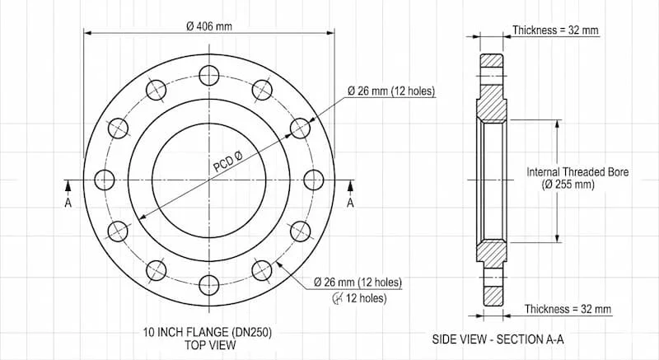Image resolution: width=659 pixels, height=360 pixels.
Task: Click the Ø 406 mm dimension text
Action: coord(209,26)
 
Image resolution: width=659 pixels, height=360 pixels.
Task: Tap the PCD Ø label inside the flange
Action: coord(227,161)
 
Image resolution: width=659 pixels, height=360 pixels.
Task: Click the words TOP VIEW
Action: coord(209,344)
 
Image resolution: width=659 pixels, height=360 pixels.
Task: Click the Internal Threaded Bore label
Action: coord(578,172)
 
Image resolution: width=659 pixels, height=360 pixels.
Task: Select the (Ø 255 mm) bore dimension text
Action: coord(568,185)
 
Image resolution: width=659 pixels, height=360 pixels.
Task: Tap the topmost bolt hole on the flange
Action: coord(209,74)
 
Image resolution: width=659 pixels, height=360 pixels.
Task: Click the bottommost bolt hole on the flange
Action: coord(209,284)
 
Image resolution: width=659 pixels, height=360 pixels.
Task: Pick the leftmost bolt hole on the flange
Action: coord(105,179)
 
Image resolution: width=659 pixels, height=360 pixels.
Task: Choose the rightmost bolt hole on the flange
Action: coord(315,179)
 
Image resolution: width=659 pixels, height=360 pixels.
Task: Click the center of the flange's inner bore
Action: coord(209,179)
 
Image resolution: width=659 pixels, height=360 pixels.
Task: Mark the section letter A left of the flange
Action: coord(68,203)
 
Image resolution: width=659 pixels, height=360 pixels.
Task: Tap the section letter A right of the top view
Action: coord(350,203)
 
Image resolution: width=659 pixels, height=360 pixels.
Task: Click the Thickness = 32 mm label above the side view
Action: coord(555,30)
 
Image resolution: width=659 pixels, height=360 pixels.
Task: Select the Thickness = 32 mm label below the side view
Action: coord(568,309)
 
